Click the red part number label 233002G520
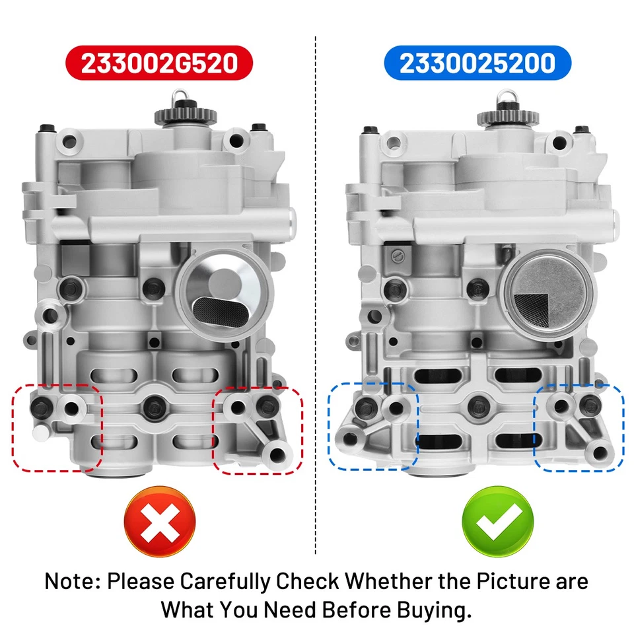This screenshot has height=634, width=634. (x=158, y=63)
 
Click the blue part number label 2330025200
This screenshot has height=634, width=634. (x=476, y=63)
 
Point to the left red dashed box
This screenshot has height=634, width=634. (x=56, y=429)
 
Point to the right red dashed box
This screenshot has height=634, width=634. (x=258, y=430)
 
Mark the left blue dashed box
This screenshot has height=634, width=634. (x=374, y=426)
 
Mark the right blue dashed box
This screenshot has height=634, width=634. (x=579, y=427)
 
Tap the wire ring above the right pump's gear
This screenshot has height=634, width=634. (x=507, y=96)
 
